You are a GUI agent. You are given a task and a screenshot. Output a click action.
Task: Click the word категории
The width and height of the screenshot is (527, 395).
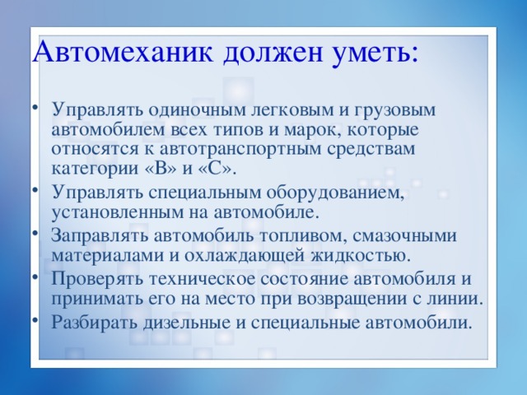coord(92,170)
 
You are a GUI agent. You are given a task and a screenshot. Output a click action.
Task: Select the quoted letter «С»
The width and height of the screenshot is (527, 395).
coord(220,170)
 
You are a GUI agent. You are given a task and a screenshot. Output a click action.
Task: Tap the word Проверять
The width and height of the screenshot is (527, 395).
coord(91,277)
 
